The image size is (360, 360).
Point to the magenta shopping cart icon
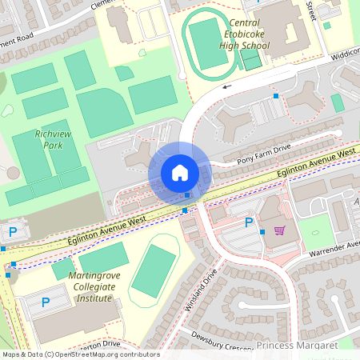click(x=279, y=230)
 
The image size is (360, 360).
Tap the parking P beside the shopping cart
click(x=249, y=222)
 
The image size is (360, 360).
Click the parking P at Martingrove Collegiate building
click(x=45, y=302)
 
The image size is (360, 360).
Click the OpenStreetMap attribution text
click(x=80, y=354)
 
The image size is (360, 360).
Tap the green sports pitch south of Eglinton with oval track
click(x=153, y=271)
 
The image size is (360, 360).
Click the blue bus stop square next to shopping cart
click(x=262, y=231)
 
